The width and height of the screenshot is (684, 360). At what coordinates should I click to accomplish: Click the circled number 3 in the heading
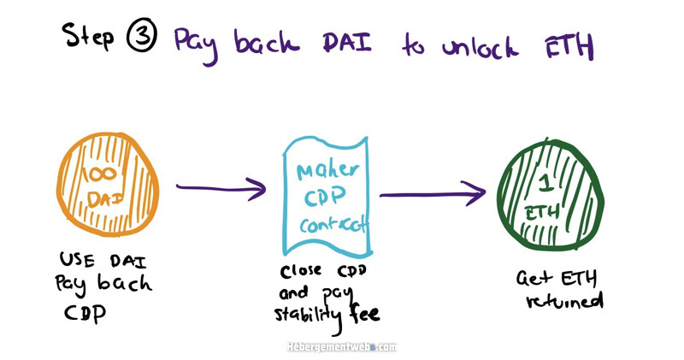pyautogui.click(x=141, y=35)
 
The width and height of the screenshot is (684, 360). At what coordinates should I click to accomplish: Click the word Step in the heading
pyautogui.click(x=88, y=35)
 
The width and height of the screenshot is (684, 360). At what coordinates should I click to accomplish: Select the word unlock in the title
pyautogui.click(x=481, y=45)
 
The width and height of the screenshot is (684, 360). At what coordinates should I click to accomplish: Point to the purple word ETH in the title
pyautogui.click(x=569, y=45)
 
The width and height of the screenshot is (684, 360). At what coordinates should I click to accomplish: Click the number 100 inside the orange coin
pyautogui.click(x=102, y=174)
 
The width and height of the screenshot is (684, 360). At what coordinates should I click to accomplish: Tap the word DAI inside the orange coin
pyautogui.click(x=104, y=199)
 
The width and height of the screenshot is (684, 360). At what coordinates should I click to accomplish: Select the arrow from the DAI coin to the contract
pyautogui.click(x=221, y=188)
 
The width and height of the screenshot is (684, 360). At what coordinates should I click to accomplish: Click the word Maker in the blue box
pyautogui.click(x=328, y=170)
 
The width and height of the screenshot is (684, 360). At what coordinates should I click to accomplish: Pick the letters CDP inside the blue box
pyautogui.click(x=326, y=197)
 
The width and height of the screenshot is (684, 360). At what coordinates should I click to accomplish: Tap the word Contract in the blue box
pyautogui.click(x=333, y=224)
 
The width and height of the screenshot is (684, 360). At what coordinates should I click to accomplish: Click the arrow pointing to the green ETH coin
pyautogui.click(x=433, y=193)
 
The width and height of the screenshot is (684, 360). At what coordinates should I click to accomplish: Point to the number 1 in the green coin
pyautogui.click(x=545, y=181)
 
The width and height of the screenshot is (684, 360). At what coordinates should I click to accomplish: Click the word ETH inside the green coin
pyautogui.click(x=542, y=214)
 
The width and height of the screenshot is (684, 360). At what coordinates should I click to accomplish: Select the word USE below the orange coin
pyautogui.click(x=77, y=260)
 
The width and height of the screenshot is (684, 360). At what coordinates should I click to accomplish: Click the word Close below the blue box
pyautogui.click(x=301, y=271)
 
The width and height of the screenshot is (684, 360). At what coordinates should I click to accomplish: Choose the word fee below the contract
pyautogui.click(x=364, y=312)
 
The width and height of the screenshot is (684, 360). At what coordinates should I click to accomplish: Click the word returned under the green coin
pyautogui.click(x=564, y=301)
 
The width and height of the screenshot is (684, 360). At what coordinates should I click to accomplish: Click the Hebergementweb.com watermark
pyautogui.click(x=342, y=347)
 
